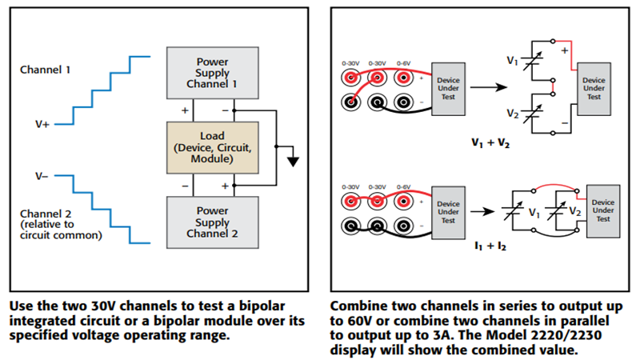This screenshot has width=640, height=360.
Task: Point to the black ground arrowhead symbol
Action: pyautogui.click(x=293, y=161)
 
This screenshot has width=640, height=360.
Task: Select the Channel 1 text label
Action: pyautogui.click(x=45, y=70)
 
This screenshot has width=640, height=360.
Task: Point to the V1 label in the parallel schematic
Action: pyautogui.click(x=534, y=214)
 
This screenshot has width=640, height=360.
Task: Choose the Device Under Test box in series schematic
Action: pyautogui.click(x=594, y=88)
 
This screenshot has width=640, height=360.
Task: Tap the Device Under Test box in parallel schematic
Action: pyautogui.click(x=603, y=210)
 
